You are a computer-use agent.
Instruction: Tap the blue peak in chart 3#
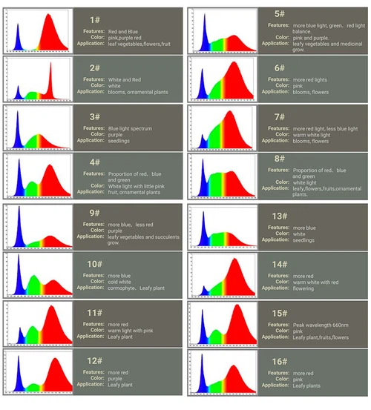tap(16, 122)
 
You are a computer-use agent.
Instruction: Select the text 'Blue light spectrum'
tap(129, 128)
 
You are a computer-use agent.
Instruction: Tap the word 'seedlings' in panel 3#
tap(120, 141)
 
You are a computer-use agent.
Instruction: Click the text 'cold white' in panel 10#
tap(122, 282)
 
